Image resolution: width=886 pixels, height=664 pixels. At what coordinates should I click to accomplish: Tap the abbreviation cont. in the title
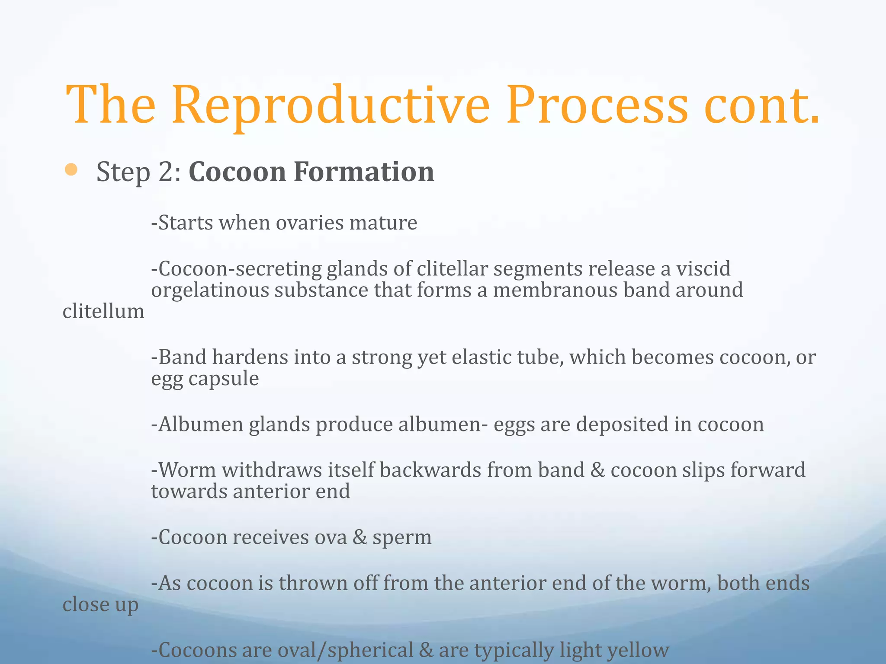pyautogui.click(x=761, y=106)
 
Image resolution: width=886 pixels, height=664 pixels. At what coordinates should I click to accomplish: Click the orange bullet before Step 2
pyautogui.click(x=71, y=170)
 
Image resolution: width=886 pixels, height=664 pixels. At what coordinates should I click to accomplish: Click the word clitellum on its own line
pyautogui.click(x=103, y=311)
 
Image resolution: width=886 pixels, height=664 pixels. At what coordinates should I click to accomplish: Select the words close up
pyautogui.click(x=100, y=604)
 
